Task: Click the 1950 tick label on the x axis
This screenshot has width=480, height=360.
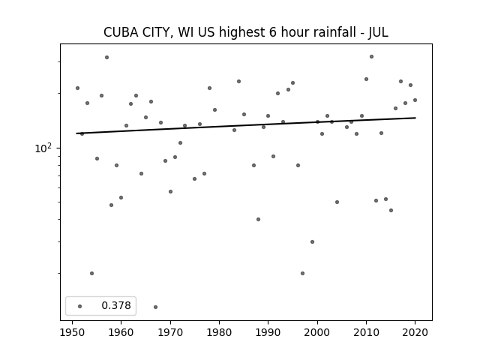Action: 72,332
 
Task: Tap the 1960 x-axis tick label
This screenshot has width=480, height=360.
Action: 121,332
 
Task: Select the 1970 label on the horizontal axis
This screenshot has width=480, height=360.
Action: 170,332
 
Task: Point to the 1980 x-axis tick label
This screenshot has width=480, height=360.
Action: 219,332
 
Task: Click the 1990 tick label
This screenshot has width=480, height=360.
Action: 268,332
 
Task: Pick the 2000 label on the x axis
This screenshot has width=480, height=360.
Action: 317,332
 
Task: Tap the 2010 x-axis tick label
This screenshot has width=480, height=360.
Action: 366,332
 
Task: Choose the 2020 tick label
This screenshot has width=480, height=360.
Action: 415,332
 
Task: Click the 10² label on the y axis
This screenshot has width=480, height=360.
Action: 43,148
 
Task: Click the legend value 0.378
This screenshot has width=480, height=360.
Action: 116,305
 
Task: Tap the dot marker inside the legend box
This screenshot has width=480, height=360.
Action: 80,306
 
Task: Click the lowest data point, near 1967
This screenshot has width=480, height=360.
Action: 155,307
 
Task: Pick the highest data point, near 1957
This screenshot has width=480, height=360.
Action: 106,57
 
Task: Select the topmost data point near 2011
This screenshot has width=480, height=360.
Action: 372,57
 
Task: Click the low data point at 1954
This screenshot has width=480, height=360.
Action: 91,273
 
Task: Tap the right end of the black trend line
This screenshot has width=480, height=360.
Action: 415,118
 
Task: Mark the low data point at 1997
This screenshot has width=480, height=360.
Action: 302,273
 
